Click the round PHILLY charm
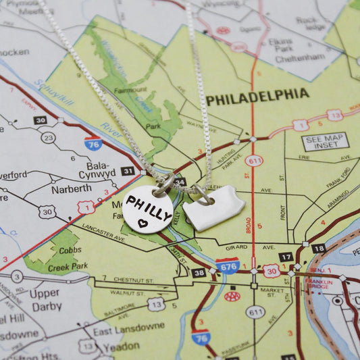point(148,209)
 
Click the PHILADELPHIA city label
point(257,97)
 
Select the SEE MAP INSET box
point(325,141)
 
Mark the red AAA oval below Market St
point(232,296)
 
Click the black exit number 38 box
point(198,273)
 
